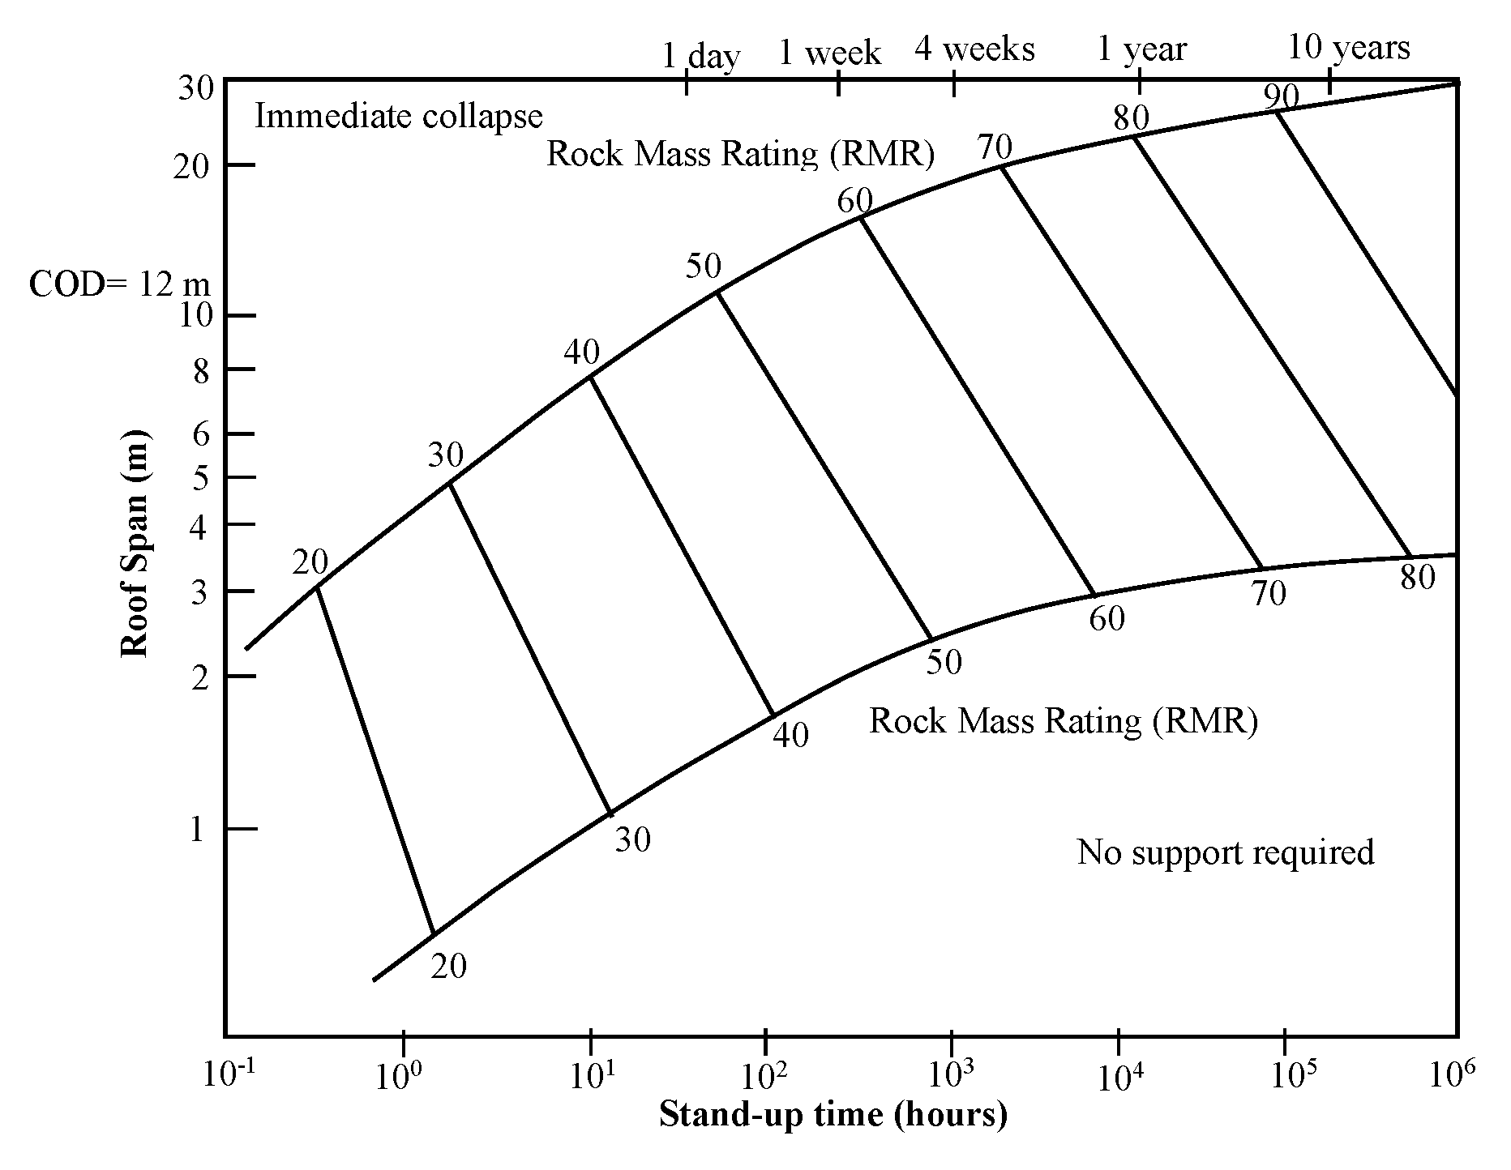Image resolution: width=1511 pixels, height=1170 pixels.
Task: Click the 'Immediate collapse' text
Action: click(398, 117)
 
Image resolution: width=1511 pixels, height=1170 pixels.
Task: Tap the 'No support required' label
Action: click(1225, 852)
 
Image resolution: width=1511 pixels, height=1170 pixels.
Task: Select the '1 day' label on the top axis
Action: click(701, 56)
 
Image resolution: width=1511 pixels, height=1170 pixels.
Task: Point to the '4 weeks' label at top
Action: click(974, 49)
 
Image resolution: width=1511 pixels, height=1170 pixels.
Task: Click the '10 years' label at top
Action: click(1349, 48)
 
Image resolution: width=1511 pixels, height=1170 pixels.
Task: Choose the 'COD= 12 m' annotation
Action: click(119, 284)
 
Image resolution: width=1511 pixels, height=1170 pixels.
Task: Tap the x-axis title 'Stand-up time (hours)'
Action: click(833, 1114)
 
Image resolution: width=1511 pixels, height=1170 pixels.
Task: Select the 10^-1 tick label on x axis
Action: click(229, 1074)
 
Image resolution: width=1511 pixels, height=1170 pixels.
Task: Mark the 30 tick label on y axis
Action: click(195, 88)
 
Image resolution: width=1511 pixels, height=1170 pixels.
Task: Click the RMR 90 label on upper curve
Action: click(1281, 97)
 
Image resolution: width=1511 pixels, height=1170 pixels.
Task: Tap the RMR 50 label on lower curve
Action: click(944, 663)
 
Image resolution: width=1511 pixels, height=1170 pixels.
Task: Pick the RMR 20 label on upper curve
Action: click(310, 562)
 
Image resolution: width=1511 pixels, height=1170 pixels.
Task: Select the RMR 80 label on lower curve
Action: click(1418, 578)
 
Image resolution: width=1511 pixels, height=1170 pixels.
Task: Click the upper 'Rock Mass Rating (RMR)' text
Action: click(740, 153)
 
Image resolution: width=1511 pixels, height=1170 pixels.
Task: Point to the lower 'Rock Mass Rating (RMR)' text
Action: click(1063, 720)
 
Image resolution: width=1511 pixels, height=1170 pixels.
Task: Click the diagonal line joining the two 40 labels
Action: click(683, 546)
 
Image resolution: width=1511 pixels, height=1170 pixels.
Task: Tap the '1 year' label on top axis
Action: click(1141, 49)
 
